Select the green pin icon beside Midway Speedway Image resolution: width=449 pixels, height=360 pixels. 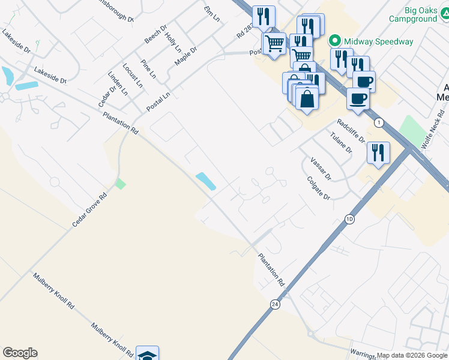tap(334, 41)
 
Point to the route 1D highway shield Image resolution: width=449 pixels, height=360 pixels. tap(349, 219)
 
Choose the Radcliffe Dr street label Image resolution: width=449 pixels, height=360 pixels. tap(351, 130)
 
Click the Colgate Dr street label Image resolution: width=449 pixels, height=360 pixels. tap(319, 188)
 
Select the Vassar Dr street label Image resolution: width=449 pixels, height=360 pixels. tap(321, 169)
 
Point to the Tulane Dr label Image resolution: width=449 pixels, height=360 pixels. tap(340, 142)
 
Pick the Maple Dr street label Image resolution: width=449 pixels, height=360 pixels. tap(185, 56)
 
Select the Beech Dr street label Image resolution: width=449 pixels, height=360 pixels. tap(155, 34)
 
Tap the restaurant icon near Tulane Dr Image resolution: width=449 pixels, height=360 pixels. tap(379, 152)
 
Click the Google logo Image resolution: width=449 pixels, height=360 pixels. tap(20, 353)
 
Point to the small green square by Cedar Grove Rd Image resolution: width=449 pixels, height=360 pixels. tap(121, 184)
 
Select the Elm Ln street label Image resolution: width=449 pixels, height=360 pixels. tap(211, 13)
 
